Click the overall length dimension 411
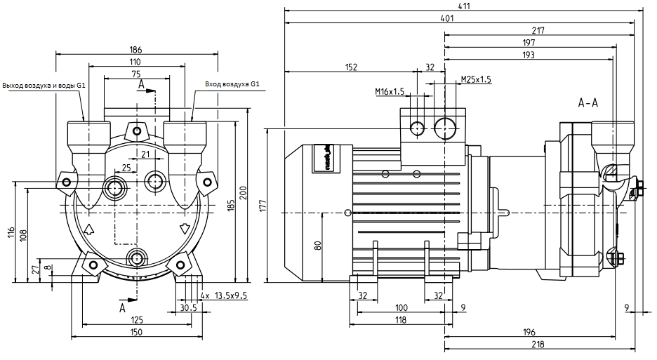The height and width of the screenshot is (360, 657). point(463,6)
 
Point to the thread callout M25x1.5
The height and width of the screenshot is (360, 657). point(476,79)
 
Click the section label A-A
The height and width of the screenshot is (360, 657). point(588,103)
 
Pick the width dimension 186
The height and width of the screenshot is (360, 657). point(135,50)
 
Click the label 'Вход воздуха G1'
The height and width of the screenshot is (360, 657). point(232,85)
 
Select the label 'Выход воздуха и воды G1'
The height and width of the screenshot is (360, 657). point(44,86)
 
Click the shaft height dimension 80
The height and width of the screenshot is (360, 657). point(317,245)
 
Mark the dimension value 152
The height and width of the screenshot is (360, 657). point(351,67)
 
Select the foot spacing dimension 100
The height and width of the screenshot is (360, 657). point(401,308)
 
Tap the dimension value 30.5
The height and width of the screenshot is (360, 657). point(187,308)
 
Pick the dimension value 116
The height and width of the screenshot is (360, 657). point(11,233)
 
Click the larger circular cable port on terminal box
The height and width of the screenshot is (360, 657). point(445,128)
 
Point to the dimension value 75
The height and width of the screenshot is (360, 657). point(135,74)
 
